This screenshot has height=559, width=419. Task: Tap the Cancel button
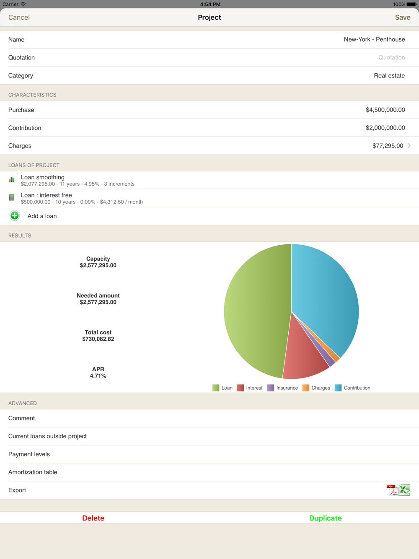coord(19,18)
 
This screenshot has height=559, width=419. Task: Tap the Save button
coord(402,18)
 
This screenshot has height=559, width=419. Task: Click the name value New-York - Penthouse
coord(374,39)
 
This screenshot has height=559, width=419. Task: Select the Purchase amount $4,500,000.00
coord(385,110)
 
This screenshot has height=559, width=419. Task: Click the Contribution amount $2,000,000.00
coord(385,128)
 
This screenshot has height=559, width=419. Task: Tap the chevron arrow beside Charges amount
coord(409,146)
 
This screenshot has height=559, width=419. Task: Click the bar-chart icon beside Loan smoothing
coord(12,180)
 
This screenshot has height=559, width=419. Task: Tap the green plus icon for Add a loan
coord(15,216)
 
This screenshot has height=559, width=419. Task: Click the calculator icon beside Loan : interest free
coord(12,197)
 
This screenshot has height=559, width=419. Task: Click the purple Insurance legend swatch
coord(271,388)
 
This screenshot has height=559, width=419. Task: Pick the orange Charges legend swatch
coord(306,388)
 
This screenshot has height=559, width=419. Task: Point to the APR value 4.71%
coord(98,376)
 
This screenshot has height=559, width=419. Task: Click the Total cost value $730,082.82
coord(98,339)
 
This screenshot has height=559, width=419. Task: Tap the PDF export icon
coord(392,490)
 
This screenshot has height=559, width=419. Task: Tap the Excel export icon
coord(405,490)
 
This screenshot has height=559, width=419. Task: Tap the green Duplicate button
coord(325,518)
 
